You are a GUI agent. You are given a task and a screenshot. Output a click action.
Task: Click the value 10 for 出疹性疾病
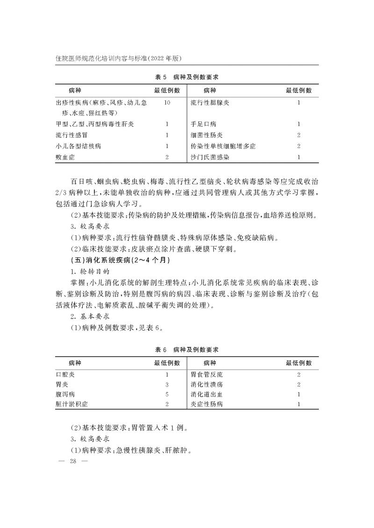pyautogui.click(x=167, y=102)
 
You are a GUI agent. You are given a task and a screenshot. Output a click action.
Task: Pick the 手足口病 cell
pyautogui.click(x=203, y=124)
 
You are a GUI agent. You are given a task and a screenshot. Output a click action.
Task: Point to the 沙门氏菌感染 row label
pyautogui.click(x=210, y=158)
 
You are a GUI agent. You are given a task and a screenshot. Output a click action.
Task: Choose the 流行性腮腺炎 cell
pyautogui.click(x=210, y=102)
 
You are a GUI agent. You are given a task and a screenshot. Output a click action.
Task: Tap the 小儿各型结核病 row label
pyautogui.click(x=78, y=147)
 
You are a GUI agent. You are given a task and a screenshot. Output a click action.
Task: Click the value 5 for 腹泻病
pyautogui.click(x=167, y=395)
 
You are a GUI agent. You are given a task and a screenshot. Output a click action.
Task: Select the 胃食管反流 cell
pyautogui.click(x=207, y=374)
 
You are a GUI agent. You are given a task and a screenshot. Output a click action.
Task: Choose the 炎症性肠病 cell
pyautogui.click(x=207, y=404)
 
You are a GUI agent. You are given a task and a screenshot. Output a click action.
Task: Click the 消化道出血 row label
pyautogui.click(x=207, y=395)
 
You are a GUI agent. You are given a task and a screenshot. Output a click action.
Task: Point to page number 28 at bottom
pyautogui.click(x=72, y=461)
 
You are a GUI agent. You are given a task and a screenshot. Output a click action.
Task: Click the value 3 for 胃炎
pyautogui.click(x=167, y=385)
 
